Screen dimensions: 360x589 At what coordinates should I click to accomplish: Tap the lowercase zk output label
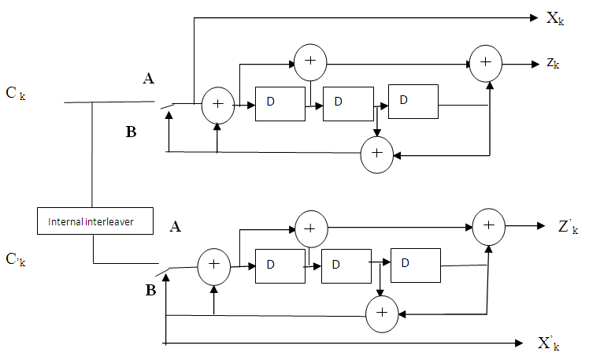(x=552, y=62)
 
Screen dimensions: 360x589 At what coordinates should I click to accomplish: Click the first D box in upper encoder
(x=280, y=104)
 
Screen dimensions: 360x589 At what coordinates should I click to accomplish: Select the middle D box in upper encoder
(x=347, y=103)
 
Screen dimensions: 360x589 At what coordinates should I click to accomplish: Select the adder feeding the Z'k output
(x=488, y=226)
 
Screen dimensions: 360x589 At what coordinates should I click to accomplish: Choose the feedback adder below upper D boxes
(x=376, y=154)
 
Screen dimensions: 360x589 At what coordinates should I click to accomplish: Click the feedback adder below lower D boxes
(x=382, y=313)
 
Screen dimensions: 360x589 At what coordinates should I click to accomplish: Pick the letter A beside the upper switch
(x=148, y=78)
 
